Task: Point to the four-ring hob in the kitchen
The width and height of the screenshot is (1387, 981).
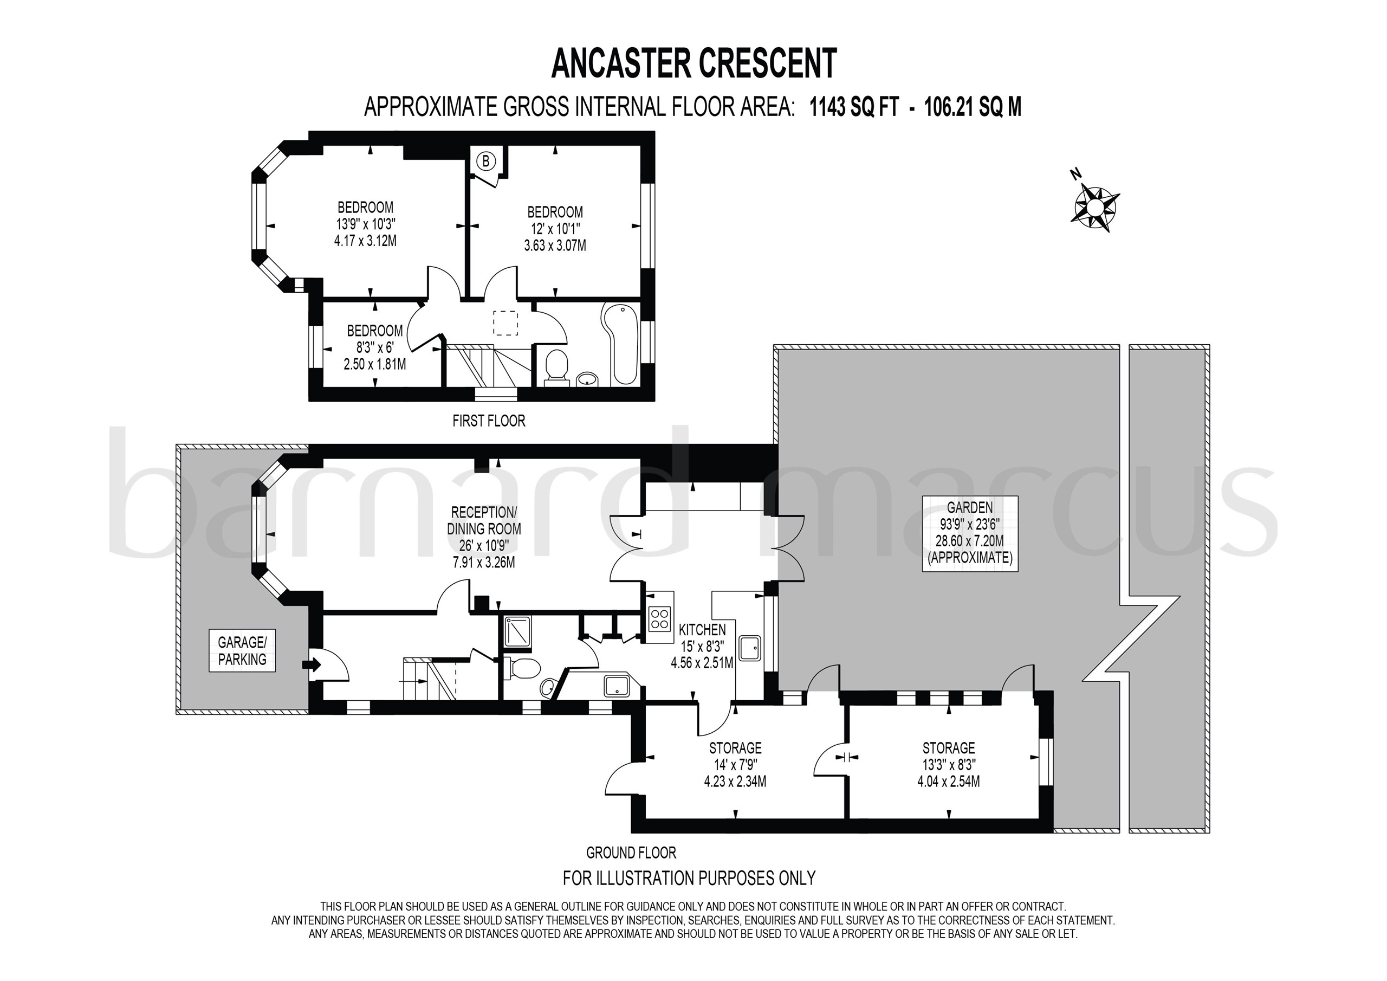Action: (x=660, y=618)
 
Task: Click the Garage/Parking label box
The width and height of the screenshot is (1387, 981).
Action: (x=242, y=650)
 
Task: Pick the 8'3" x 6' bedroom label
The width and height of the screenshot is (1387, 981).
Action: (x=374, y=347)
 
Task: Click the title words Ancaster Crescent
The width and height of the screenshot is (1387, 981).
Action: (x=694, y=64)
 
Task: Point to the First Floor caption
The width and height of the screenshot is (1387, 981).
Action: (x=489, y=421)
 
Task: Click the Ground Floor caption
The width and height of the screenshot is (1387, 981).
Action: (x=631, y=853)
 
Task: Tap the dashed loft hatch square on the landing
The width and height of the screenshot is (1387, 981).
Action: (x=505, y=323)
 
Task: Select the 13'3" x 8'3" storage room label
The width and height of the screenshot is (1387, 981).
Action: (x=949, y=765)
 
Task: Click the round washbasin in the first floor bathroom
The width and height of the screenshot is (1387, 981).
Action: (x=587, y=379)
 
